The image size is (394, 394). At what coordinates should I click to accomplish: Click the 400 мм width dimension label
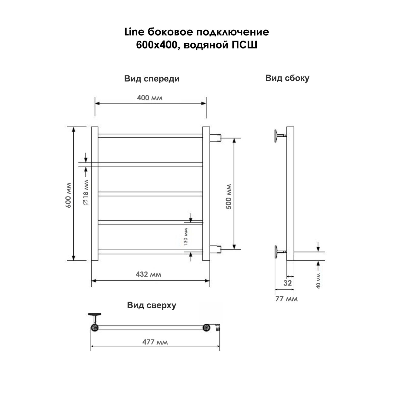coord(150,98)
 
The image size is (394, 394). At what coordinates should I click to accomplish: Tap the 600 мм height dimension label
coord(68,195)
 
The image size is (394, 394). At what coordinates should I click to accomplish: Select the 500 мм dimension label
coord(229,197)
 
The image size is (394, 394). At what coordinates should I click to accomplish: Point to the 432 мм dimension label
coord(149,274)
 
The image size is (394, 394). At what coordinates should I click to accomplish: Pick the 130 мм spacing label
coord(185,237)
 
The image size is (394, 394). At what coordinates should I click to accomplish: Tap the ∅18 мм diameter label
coord(86,192)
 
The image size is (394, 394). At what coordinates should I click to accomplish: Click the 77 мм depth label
coord(286,299)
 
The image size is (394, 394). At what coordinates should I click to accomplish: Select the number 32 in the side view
coord(288,283)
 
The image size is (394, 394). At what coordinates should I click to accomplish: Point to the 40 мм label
coord(318,281)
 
